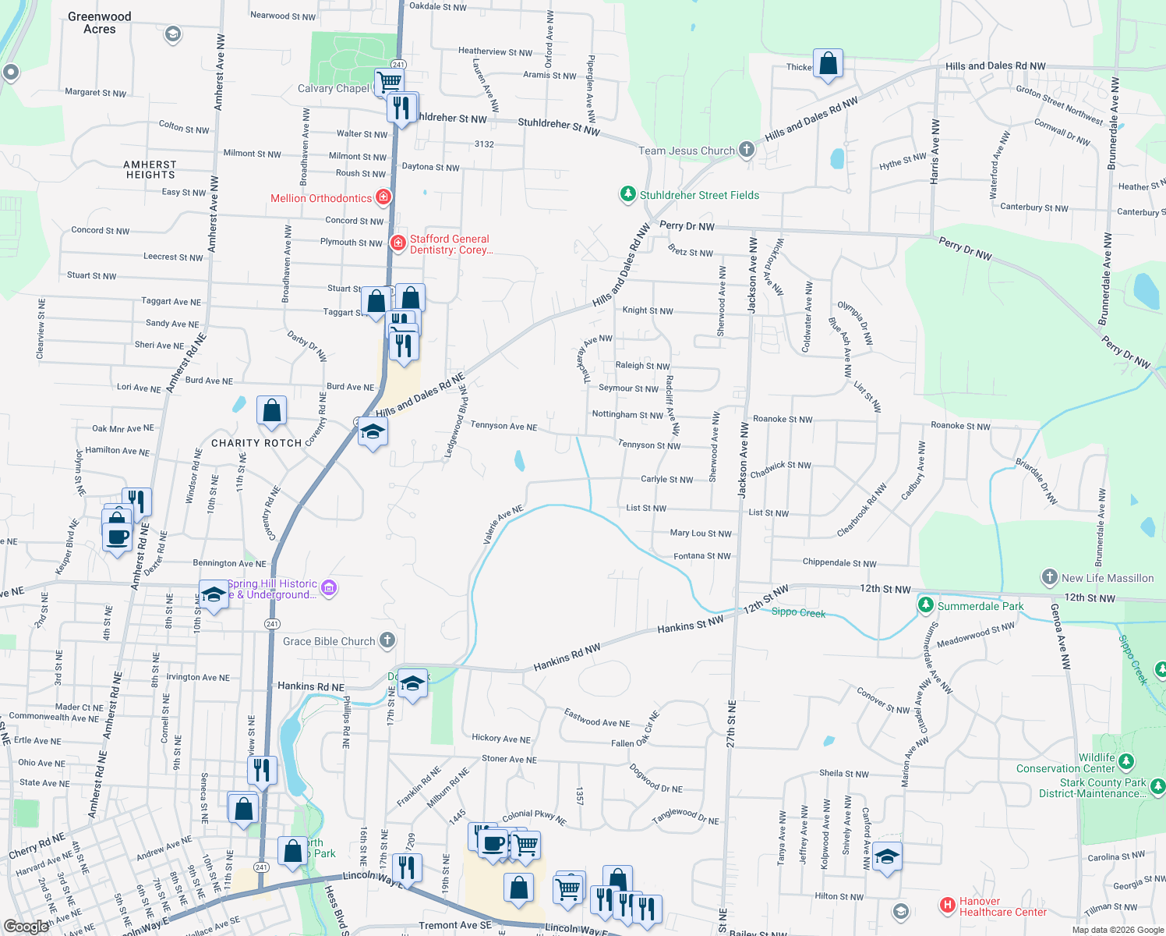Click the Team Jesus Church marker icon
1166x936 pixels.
point(747,150)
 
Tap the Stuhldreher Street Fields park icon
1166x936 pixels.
point(627,194)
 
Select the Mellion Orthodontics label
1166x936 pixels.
point(321,198)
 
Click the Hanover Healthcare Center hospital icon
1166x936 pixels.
point(947,905)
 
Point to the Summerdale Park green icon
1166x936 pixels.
point(925,605)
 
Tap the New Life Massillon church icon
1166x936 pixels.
point(1050,578)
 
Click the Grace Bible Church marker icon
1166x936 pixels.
point(387,641)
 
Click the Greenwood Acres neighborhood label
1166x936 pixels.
point(100,23)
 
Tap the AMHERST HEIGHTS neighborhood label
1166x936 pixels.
point(150,169)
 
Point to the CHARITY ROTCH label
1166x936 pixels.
point(256,443)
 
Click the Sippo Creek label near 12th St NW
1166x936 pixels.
point(798,612)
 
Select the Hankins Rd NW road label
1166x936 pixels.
point(567,657)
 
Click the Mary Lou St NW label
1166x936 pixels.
point(701,534)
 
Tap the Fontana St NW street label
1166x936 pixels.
point(701,556)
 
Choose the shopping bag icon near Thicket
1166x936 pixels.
point(828,65)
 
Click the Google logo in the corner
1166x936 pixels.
point(26,926)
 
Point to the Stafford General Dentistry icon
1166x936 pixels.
point(397,243)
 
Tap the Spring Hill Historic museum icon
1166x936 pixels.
point(329,588)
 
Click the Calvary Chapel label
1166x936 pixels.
point(334,88)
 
